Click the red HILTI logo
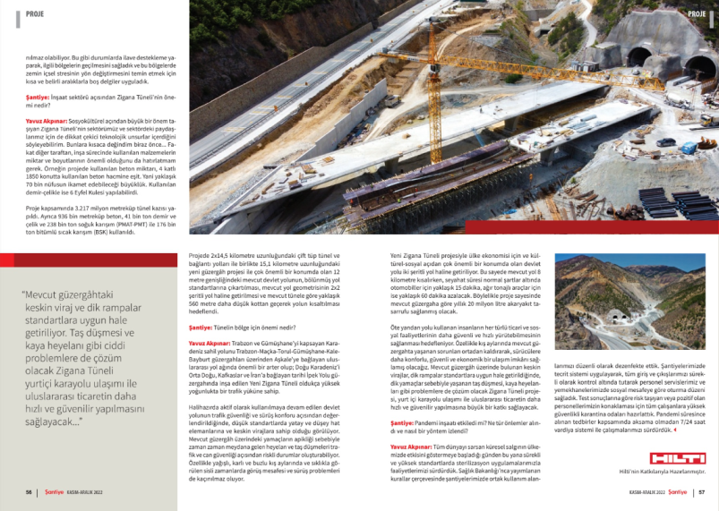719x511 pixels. tap(679, 454)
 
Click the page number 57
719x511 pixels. tap(702, 491)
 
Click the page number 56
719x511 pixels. tap(30, 491)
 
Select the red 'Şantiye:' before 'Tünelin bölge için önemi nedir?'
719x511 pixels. tap(200, 328)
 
